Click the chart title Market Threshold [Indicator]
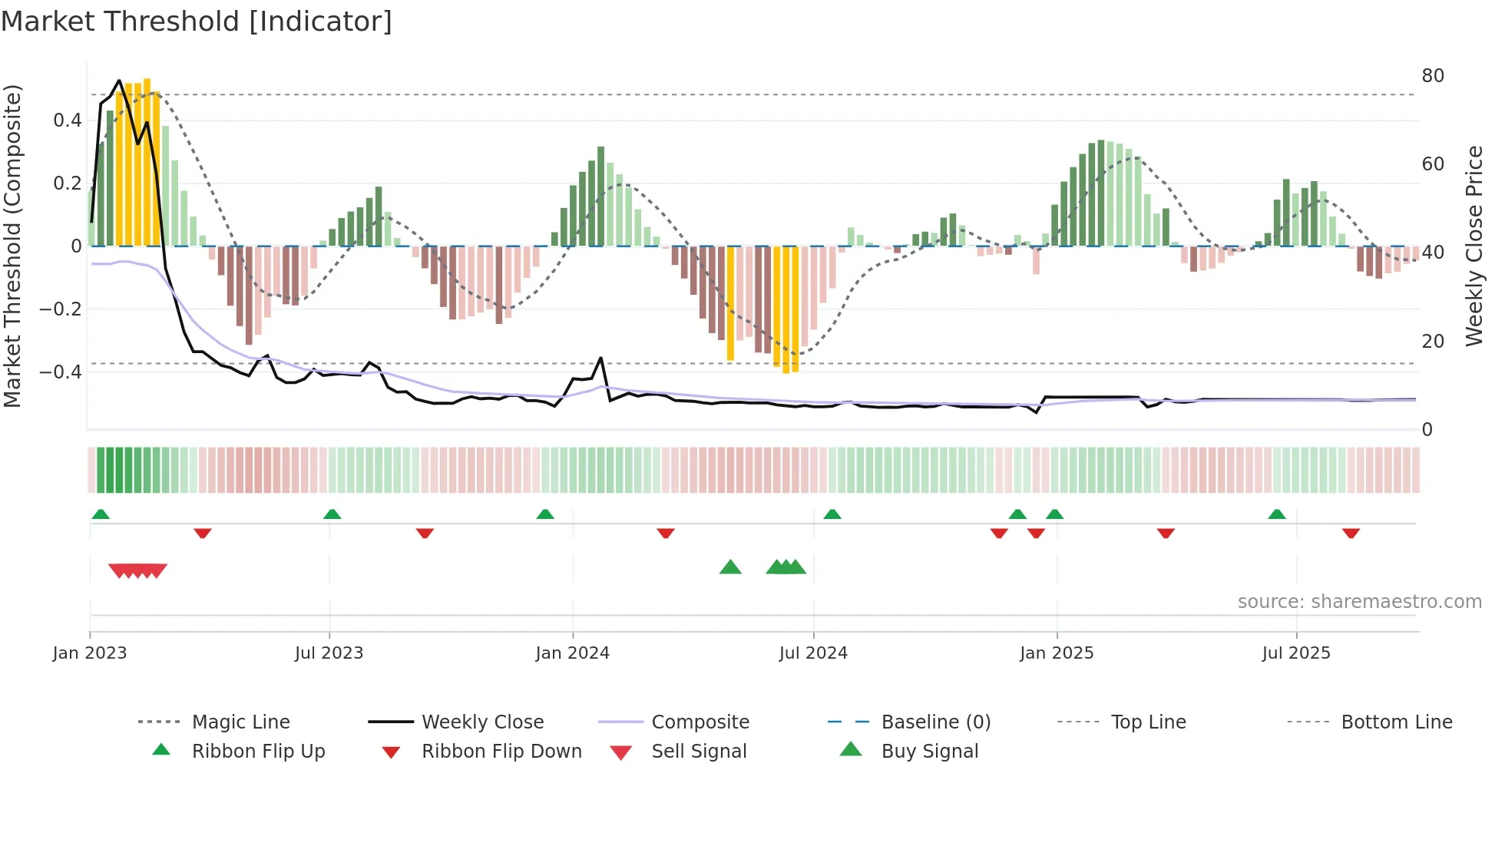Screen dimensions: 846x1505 197,21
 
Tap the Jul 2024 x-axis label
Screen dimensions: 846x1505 813,653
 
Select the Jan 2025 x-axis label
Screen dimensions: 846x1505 1057,653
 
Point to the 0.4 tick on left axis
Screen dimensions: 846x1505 68,121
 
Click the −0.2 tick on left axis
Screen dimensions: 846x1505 61,309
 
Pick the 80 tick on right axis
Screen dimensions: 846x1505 1433,76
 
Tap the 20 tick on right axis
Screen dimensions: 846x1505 1433,341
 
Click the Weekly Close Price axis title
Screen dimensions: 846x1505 1474,246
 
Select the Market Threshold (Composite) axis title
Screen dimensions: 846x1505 12,246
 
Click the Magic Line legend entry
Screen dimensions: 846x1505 240,722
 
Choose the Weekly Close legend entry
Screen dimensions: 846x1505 482,722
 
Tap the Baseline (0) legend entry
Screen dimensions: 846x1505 935,722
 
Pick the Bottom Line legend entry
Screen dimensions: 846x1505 1396,722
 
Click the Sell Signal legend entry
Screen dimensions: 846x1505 699,752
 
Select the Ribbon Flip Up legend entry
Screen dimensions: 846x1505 258,752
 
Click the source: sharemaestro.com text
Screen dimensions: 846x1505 1359,602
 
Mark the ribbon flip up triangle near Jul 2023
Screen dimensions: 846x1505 332,514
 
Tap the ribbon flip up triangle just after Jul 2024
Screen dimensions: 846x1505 832,514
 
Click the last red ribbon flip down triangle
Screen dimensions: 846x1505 1351,533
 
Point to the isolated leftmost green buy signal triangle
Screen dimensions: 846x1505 730,567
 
